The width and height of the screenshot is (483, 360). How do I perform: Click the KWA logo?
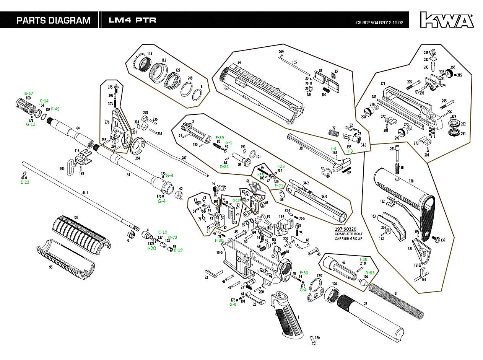[447, 20]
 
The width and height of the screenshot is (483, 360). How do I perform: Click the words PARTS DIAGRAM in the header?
[53, 20]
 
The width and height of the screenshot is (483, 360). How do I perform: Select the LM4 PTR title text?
[132, 20]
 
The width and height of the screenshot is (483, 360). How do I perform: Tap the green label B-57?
[29, 93]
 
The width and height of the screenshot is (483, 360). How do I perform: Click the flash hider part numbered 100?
[25, 105]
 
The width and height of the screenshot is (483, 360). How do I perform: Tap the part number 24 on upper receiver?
[239, 62]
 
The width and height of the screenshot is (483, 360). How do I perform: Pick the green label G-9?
[233, 305]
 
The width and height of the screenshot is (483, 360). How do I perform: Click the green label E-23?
[25, 182]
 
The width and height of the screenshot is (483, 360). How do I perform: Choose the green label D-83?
[369, 272]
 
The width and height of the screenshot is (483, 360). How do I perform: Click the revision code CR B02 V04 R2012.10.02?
[382, 22]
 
